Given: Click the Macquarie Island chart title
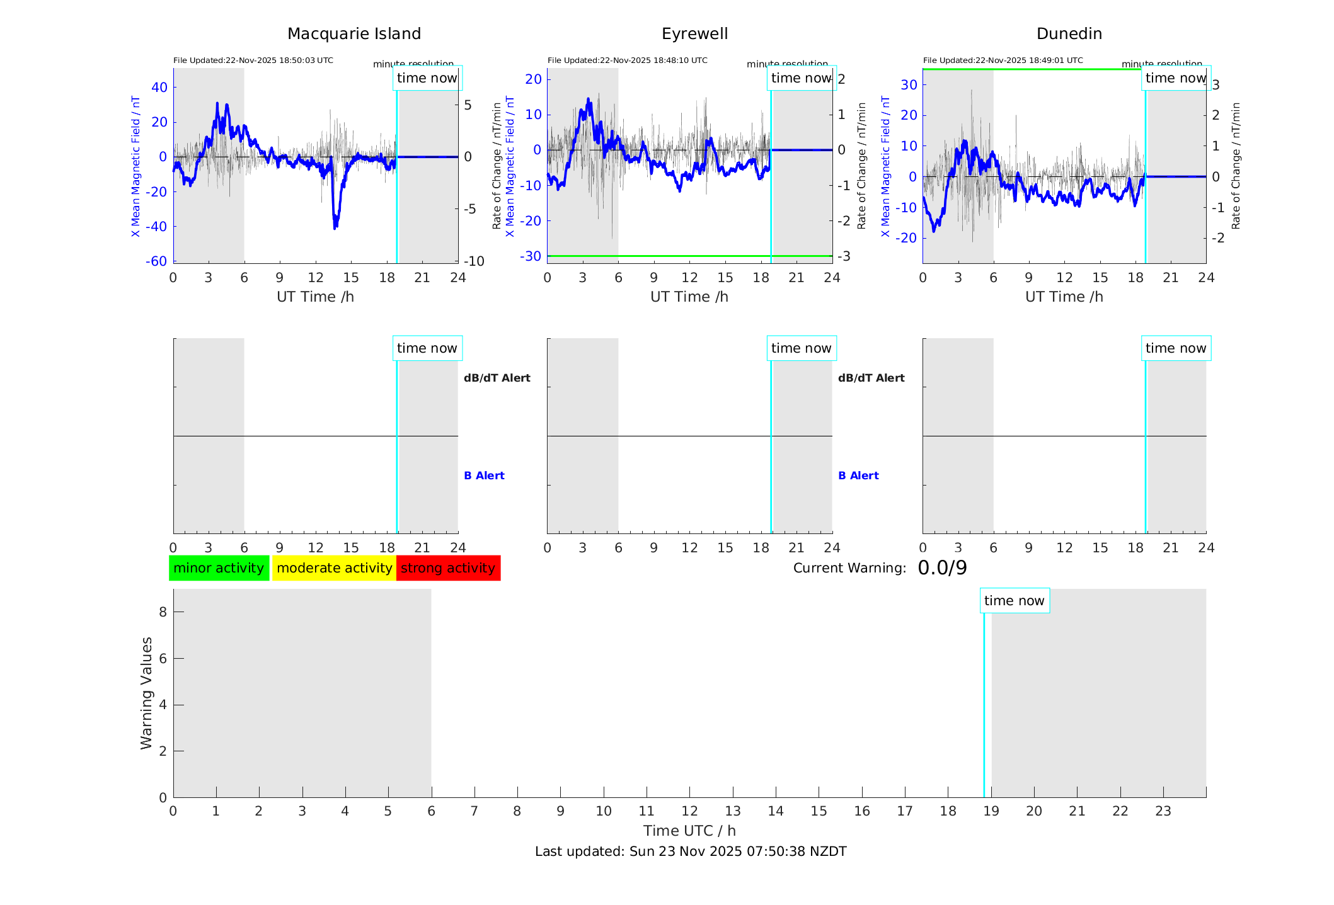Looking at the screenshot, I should [x=354, y=34].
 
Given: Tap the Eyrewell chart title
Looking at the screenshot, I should [x=694, y=34].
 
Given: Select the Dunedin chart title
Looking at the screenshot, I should [x=1069, y=34].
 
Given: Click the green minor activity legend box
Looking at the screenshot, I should [x=219, y=568].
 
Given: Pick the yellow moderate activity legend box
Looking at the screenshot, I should [x=334, y=568].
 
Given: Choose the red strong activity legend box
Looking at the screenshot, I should [x=448, y=568].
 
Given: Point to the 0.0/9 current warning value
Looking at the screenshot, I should [x=942, y=568].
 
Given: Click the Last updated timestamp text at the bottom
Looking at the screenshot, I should [x=691, y=851].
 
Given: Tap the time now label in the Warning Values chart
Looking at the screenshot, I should [x=1014, y=601].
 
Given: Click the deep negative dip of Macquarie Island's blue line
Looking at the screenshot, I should [x=335, y=224].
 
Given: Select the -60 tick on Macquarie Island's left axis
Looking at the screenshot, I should [x=156, y=261].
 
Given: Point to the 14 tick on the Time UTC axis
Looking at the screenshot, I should [x=776, y=811].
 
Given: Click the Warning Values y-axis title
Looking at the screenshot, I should [x=146, y=693].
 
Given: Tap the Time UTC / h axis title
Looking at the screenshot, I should [x=689, y=831].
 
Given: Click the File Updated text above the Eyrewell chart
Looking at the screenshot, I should [x=627, y=60].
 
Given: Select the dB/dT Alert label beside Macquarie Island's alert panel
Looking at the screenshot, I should [x=497, y=378].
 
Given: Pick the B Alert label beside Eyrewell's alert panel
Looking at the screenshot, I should [x=858, y=475].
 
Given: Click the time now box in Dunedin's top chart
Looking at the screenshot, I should [x=1175, y=78].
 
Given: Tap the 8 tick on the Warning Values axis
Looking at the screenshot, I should [x=163, y=612].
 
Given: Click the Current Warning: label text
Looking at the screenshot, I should [x=849, y=568].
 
